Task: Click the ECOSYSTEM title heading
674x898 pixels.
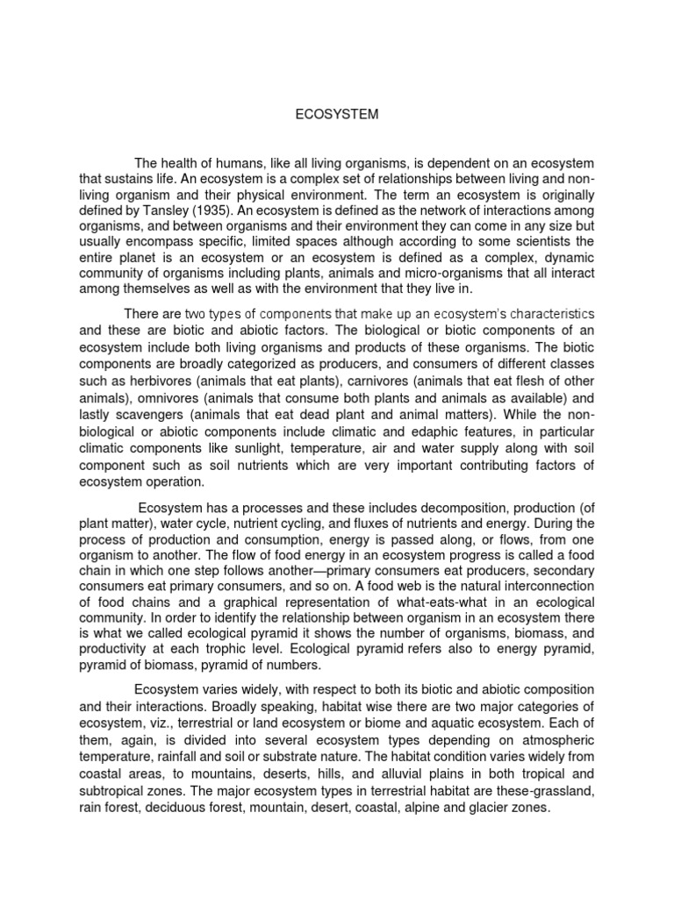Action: coord(336,114)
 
